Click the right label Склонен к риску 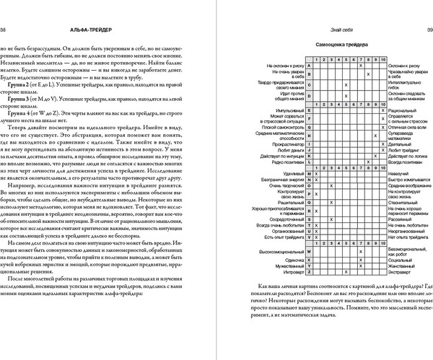click(406, 65)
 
